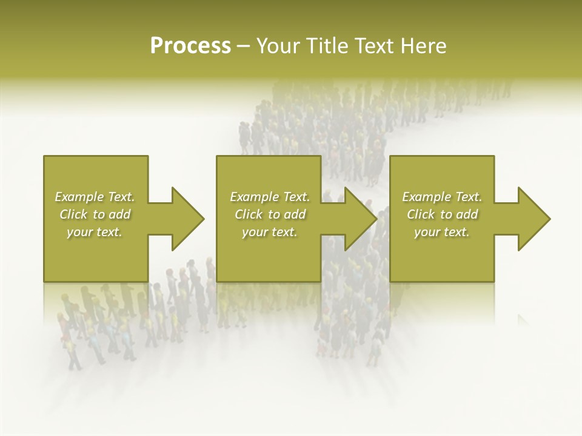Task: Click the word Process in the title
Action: tap(190, 46)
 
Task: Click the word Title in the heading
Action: tap(329, 46)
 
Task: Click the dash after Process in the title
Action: tap(243, 46)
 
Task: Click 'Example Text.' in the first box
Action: tap(95, 197)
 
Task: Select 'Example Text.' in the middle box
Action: tap(270, 197)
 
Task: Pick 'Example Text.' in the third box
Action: tap(442, 197)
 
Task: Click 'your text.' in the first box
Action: tap(95, 232)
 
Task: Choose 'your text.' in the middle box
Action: tap(270, 232)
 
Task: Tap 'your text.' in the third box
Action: tap(442, 232)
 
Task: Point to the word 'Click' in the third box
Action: tap(421, 214)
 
